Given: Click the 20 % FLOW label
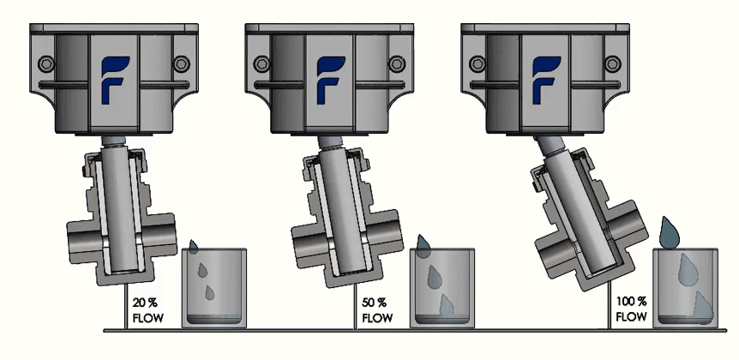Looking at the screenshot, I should [145, 309].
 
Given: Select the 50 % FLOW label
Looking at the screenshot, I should [375, 309].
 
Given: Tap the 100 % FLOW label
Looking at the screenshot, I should [631, 309].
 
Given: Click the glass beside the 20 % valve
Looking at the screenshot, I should [215, 288].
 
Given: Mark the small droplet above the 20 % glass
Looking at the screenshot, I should [195, 247].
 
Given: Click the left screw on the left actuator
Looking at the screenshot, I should [49, 65].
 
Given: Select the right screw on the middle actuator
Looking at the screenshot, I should [395, 65].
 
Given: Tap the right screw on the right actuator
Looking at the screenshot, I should [611, 65].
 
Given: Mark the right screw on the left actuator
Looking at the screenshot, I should [179, 65].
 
